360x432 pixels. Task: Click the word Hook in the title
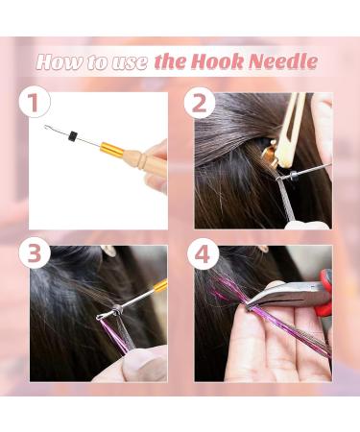218,61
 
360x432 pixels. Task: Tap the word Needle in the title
283,61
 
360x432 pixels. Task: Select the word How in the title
59,61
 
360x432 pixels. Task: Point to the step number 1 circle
35,102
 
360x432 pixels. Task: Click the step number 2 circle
199,103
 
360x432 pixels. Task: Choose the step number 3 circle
35,253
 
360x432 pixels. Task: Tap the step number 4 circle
203,255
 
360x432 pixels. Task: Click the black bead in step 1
74,135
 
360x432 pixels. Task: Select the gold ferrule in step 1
112,148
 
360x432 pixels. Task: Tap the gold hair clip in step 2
270,154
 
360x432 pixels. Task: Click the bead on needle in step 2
293,176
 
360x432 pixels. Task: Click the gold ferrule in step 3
161,285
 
